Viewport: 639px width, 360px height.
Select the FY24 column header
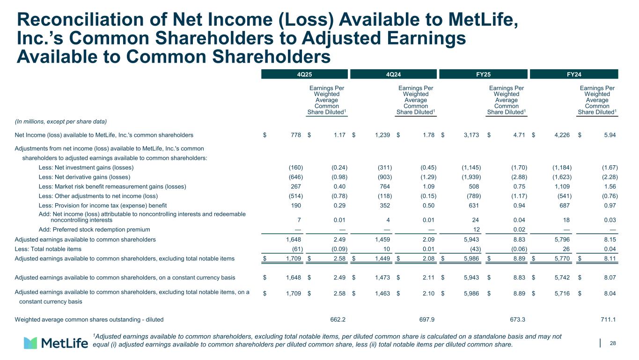573,74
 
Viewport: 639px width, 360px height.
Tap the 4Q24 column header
394,74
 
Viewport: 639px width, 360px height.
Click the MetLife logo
56,343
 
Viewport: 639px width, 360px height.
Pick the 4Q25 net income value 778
295,135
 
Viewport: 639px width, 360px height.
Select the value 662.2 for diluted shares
338,320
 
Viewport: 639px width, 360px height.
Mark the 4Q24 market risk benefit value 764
386,186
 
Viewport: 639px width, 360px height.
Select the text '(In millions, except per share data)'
61,122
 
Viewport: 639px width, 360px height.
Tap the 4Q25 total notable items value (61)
294,249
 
